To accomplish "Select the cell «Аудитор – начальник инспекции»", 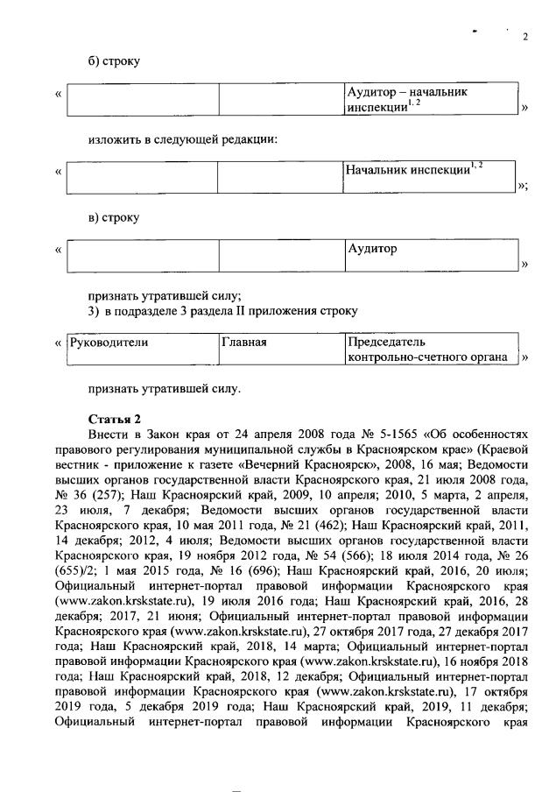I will [x=430, y=100].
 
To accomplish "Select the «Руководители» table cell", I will [x=142, y=350].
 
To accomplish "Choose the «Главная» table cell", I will [x=281, y=350].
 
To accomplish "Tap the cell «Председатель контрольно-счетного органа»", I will [x=430, y=350].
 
